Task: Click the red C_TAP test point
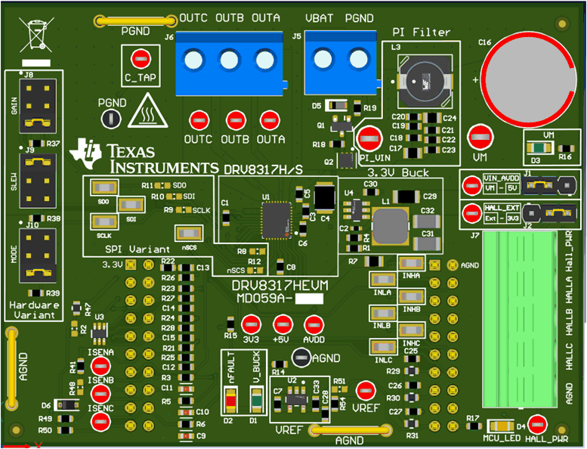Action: pyautogui.click(x=140, y=58)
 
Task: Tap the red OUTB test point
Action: pyautogui.click(x=235, y=119)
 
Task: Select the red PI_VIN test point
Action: pyautogui.click(x=369, y=138)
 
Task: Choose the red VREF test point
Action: pyautogui.click(x=366, y=390)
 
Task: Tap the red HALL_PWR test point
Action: pyautogui.click(x=537, y=424)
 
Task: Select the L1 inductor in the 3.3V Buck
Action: pyautogui.click(x=390, y=224)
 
